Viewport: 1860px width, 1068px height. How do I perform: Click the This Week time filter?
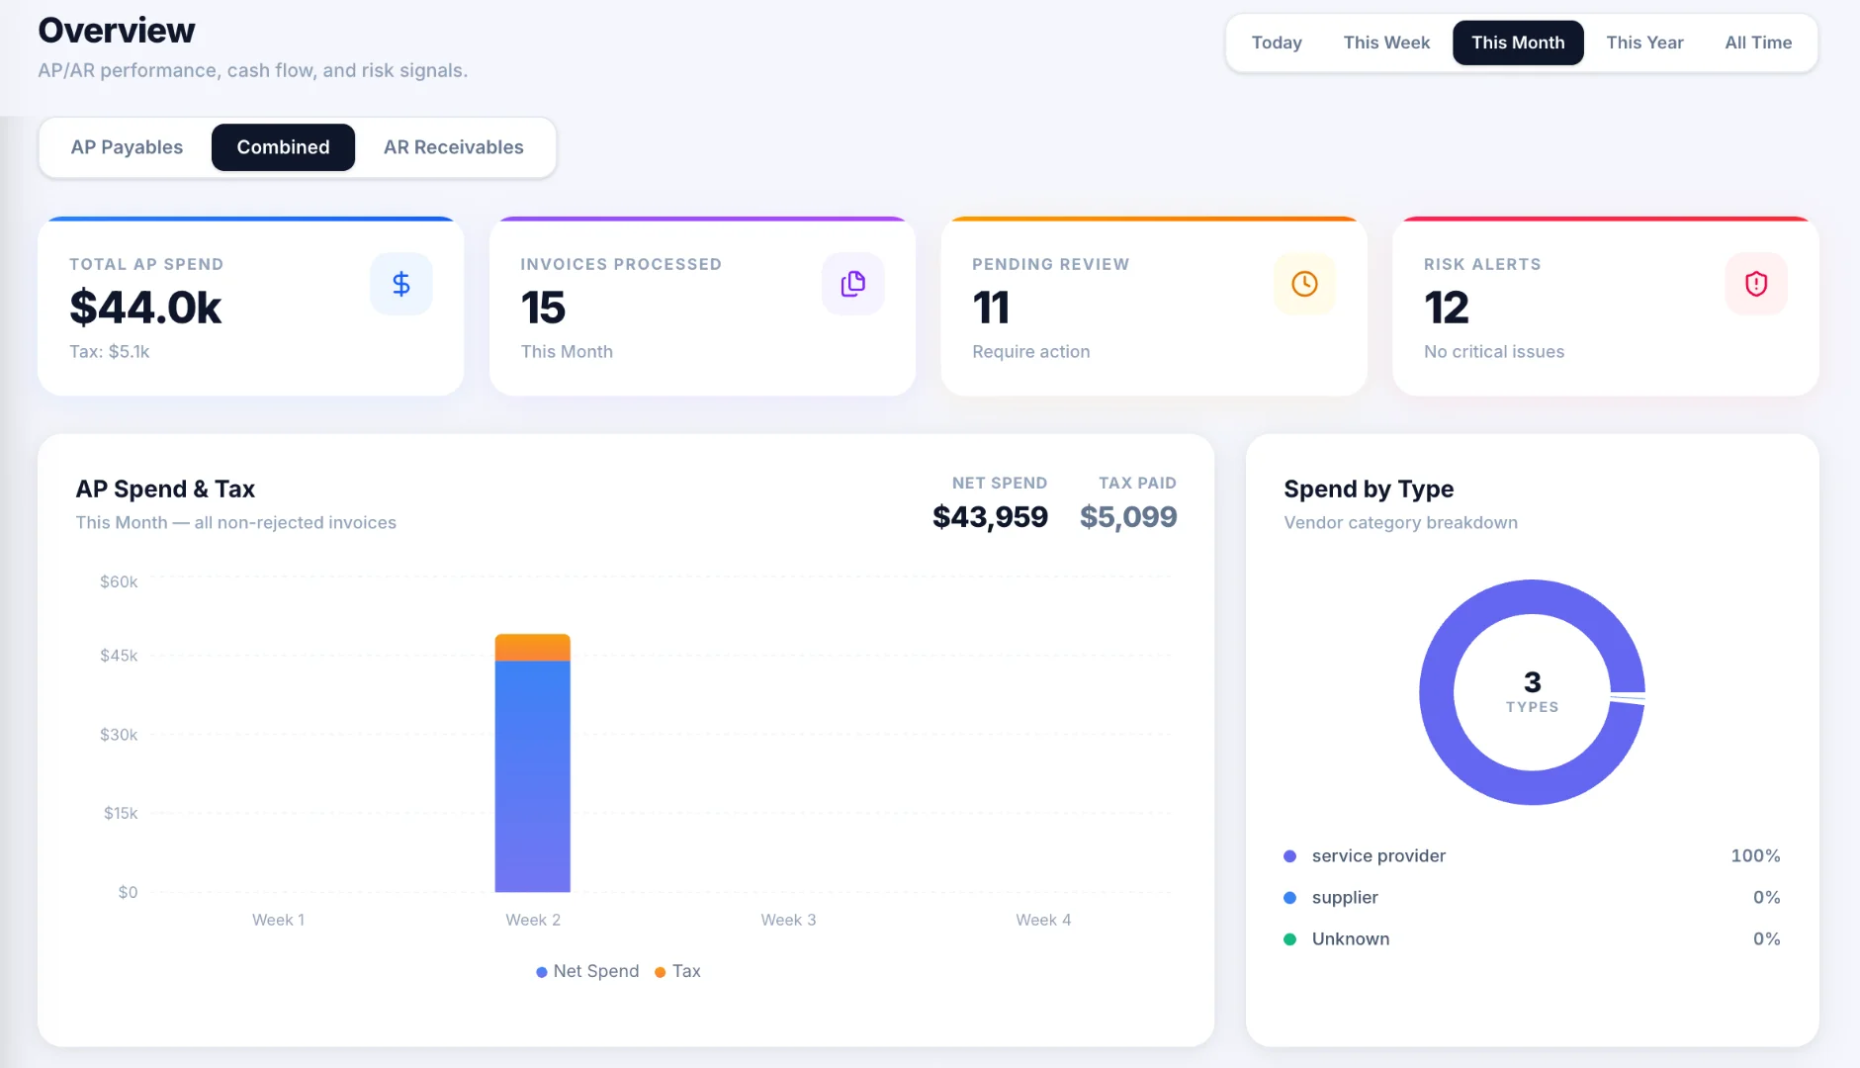[x=1386, y=43]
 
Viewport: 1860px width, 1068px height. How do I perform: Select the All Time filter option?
[x=1758, y=43]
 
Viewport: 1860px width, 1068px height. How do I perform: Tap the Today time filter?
[x=1277, y=43]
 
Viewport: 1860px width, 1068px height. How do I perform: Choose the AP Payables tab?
[x=127, y=147]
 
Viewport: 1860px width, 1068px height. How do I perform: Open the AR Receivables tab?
[x=454, y=147]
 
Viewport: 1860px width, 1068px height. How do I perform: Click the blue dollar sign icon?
[x=401, y=284]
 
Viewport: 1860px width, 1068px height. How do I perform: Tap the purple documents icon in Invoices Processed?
[x=853, y=284]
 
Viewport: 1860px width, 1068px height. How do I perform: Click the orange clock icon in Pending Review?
[x=1304, y=284]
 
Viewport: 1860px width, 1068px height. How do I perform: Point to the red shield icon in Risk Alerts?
[x=1756, y=284]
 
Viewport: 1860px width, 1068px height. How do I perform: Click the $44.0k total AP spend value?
[x=145, y=308]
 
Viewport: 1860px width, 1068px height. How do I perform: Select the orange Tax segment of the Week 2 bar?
[x=533, y=648]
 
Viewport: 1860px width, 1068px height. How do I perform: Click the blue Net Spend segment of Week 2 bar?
[x=533, y=776]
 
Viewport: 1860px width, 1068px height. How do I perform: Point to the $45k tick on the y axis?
[x=119, y=656]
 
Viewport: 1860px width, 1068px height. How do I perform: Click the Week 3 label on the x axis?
[x=788, y=920]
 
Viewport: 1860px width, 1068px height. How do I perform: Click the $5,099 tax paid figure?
[x=1128, y=516]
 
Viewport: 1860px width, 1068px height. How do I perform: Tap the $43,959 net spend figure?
[x=990, y=516]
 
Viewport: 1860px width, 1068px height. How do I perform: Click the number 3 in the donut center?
[x=1532, y=682]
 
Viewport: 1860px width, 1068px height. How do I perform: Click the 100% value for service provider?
[x=1755, y=855]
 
